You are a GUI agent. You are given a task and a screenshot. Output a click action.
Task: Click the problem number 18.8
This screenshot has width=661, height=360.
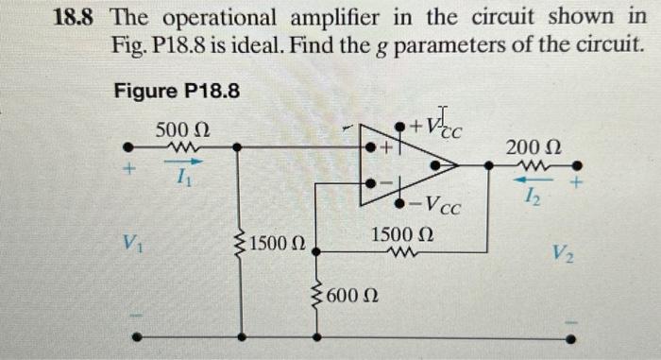click(x=76, y=17)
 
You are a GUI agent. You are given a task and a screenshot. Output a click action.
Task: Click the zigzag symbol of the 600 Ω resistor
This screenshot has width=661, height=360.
click(x=315, y=295)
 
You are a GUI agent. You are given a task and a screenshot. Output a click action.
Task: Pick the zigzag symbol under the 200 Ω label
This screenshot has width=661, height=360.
click(x=534, y=163)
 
